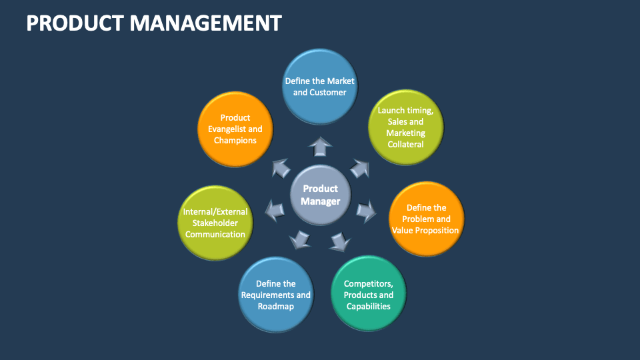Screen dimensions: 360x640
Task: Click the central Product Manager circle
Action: point(320,195)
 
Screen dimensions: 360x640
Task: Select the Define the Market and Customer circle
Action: point(320,86)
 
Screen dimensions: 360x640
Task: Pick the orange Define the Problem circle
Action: point(426,219)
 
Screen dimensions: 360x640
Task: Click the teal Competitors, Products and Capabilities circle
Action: point(368,294)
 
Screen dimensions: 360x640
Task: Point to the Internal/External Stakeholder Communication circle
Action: point(215,223)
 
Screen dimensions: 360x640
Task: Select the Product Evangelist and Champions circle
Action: point(235,129)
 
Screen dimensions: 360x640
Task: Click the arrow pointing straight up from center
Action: point(320,146)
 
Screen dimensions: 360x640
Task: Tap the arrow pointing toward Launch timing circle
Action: point(360,167)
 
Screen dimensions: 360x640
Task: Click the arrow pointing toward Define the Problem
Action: point(366,212)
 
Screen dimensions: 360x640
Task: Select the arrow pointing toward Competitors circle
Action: point(341,241)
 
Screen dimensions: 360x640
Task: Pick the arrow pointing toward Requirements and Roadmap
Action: point(299,239)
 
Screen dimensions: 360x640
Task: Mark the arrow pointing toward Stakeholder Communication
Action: point(274,211)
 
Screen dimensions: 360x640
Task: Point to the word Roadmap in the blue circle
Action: point(275,307)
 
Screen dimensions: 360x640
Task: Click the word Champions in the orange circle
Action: point(235,141)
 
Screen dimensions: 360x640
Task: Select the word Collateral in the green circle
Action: point(405,145)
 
